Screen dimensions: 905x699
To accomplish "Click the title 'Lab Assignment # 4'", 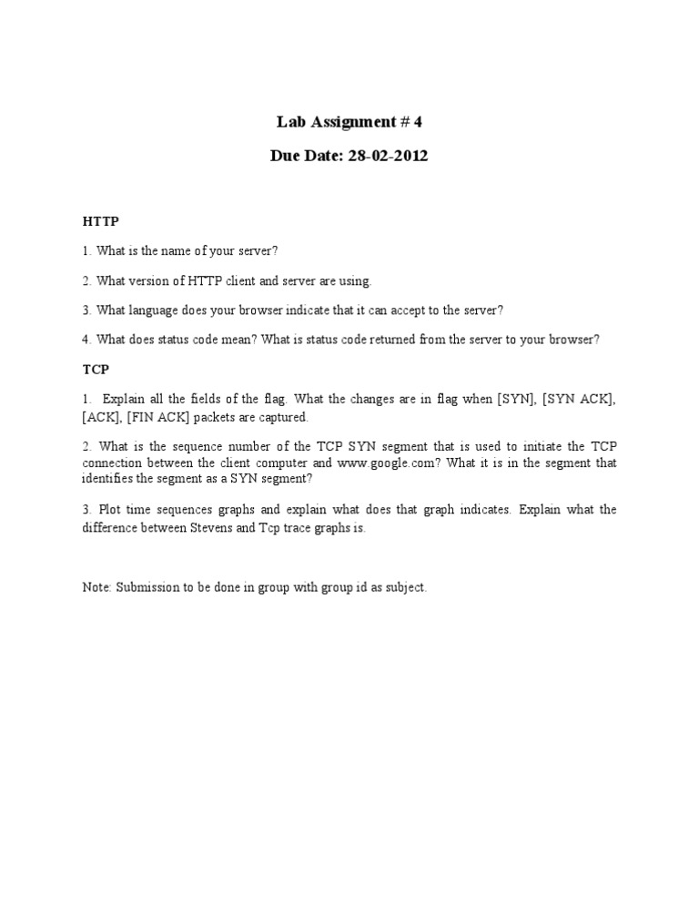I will pos(349,121).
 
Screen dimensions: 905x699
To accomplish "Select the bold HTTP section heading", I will pos(100,220).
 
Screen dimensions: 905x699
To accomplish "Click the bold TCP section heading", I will pos(96,371).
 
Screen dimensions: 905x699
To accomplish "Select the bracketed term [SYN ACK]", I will pos(579,400).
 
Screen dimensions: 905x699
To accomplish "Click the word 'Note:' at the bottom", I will pos(96,587).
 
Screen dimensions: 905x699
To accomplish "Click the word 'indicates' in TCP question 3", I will pos(487,510).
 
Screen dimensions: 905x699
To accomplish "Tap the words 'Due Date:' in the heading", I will pos(303,156).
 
